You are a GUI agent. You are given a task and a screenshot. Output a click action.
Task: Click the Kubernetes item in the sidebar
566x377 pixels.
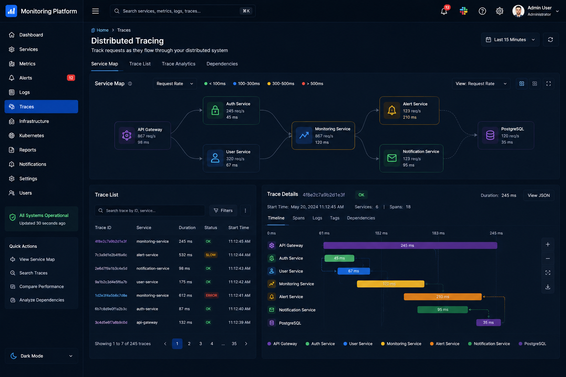click(32, 135)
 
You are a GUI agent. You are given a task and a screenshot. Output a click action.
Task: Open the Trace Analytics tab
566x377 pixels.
click(178, 64)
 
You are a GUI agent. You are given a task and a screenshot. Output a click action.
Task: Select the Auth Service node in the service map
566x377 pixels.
click(231, 110)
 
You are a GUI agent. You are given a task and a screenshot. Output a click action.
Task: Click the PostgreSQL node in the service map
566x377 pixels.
click(506, 135)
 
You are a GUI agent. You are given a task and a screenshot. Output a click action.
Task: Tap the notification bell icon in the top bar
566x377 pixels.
click(444, 11)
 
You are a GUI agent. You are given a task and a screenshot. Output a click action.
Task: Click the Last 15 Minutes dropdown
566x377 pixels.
click(510, 40)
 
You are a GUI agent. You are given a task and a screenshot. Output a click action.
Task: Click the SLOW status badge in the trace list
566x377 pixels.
click(210, 255)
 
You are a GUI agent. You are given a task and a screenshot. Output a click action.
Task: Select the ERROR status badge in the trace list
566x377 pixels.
click(211, 295)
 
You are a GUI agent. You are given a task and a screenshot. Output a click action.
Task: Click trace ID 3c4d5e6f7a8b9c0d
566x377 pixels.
click(111, 322)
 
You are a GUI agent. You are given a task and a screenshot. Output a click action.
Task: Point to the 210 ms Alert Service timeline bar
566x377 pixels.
click(443, 297)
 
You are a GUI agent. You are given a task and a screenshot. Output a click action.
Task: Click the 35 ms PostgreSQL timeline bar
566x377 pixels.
click(488, 323)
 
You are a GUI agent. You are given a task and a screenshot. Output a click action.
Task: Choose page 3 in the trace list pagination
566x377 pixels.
click(200, 343)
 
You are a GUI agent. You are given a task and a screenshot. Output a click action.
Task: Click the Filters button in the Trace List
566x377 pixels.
click(223, 210)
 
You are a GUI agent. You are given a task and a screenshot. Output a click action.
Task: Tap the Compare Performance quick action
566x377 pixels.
click(41, 286)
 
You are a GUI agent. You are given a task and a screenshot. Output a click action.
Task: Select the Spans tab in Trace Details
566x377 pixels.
click(298, 218)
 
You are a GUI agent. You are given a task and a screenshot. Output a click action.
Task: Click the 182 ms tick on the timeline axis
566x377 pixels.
click(381, 233)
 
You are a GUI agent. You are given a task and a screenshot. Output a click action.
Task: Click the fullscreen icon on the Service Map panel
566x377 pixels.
click(548, 84)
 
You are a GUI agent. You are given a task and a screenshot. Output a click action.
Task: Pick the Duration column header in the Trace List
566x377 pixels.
click(187, 228)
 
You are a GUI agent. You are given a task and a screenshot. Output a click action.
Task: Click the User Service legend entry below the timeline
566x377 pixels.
click(358, 343)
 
